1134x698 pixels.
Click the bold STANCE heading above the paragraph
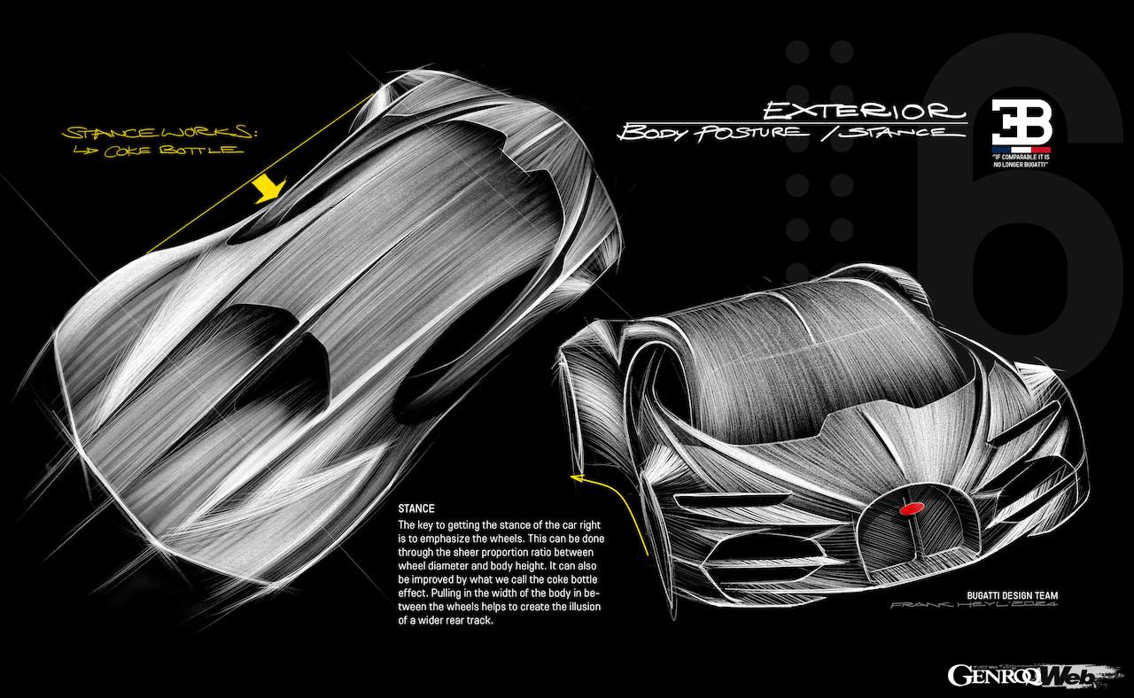416,509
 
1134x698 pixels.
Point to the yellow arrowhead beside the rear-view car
578,479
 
